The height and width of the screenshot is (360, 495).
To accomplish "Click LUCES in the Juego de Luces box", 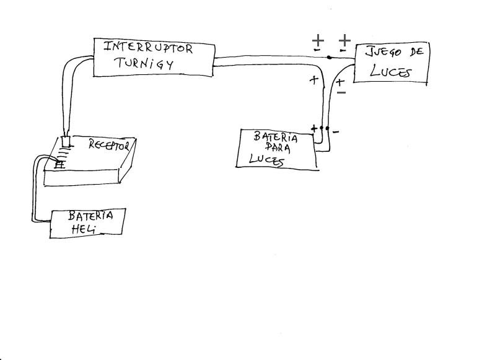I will point(390,71).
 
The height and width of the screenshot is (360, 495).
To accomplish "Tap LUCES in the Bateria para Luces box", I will point(267,160).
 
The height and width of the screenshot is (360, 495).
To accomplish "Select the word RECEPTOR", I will point(108,145).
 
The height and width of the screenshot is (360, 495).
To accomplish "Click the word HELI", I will point(80,230).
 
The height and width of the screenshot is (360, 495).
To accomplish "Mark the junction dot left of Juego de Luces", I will point(328,58).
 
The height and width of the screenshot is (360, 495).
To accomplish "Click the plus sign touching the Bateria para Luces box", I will point(314,129).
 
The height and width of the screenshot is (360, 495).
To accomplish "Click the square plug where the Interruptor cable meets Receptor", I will point(66,141).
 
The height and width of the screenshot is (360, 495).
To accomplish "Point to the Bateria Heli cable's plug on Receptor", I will point(60,165).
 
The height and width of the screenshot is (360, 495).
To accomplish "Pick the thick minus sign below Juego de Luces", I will point(341,93).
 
